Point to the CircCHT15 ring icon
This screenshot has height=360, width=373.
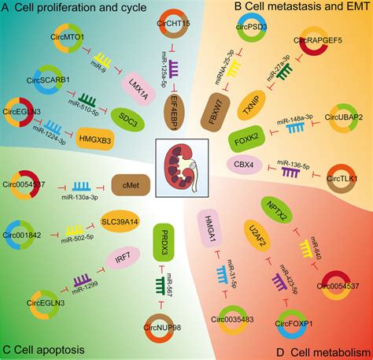(x=161, y=34)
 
